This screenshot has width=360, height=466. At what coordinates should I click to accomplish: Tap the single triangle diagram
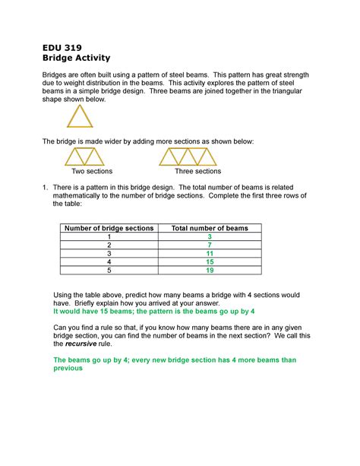pyautogui.click(x=79, y=116)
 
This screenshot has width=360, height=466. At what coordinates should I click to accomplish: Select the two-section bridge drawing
pyautogui.click(x=84, y=157)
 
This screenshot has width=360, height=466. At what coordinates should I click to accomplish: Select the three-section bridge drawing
pyautogui.click(x=188, y=157)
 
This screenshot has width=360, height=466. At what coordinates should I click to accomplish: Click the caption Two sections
pyautogui.click(x=91, y=172)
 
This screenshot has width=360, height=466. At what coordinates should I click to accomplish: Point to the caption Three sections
pyautogui.click(x=197, y=172)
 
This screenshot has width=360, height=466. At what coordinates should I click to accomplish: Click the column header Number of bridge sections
pyautogui.click(x=109, y=228)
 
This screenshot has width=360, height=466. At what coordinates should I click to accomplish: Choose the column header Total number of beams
pyautogui.click(x=210, y=228)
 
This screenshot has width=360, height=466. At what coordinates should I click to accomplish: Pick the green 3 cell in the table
pyautogui.click(x=210, y=237)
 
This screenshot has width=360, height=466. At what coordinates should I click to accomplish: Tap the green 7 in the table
pyautogui.click(x=210, y=246)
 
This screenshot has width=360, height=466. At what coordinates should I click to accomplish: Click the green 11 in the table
pyautogui.click(x=210, y=254)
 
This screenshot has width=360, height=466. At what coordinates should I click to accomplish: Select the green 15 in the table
pyautogui.click(x=210, y=262)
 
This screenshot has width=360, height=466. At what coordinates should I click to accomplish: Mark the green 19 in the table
pyautogui.click(x=210, y=271)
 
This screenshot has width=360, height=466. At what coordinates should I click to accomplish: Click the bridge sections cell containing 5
pyautogui.click(x=109, y=271)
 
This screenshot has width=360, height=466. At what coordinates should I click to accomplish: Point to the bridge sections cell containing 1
pyautogui.click(x=109, y=237)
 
